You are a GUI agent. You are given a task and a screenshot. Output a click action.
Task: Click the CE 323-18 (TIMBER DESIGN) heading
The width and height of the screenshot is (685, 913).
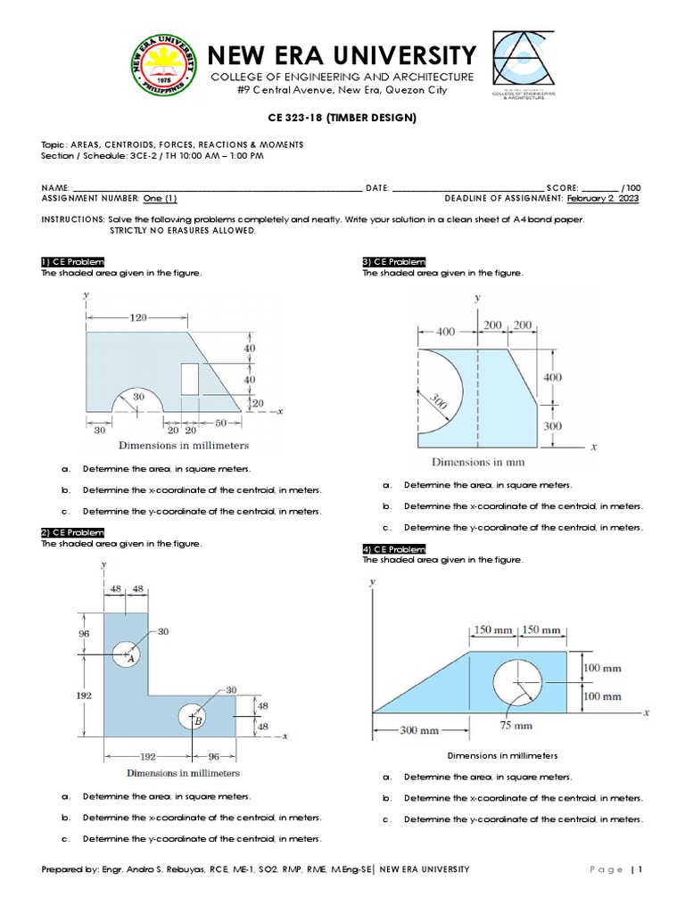pyautogui.click(x=342, y=118)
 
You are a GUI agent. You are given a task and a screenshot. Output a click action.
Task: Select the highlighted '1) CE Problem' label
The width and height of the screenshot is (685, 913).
pyautogui.click(x=73, y=261)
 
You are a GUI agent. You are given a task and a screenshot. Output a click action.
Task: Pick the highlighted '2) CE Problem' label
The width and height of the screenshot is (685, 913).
pyautogui.click(x=73, y=532)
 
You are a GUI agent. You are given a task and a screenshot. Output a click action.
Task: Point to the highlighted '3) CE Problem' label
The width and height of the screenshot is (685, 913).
pyautogui.click(x=394, y=261)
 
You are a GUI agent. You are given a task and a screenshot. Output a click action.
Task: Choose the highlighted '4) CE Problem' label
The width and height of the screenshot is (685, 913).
pyautogui.click(x=394, y=548)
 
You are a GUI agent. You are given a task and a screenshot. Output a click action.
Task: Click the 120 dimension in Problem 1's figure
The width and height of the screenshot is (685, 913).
pyautogui.click(x=136, y=317)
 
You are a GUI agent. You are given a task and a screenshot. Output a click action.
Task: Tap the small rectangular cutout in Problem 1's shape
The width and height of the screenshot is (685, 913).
pyautogui.click(x=190, y=379)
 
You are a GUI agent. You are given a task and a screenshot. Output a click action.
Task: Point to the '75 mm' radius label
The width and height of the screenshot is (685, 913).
pyautogui.click(x=517, y=726)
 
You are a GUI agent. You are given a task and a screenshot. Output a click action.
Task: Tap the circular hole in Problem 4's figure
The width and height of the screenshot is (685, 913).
pyautogui.click(x=522, y=683)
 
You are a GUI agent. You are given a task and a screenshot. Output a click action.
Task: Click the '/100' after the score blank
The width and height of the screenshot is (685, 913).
pyautogui.click(x=631, y=188)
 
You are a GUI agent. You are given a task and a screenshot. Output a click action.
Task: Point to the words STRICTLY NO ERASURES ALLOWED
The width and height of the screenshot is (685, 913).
pyautogui.click(x=182, y=230)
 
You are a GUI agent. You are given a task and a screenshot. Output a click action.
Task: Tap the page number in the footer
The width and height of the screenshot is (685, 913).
pyautogui.click(x=639, y=870)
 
